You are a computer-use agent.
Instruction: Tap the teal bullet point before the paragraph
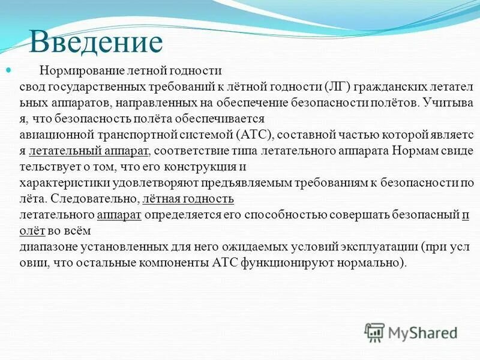[x=8, y=71]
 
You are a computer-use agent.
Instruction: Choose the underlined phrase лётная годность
[x=188, y=199]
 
